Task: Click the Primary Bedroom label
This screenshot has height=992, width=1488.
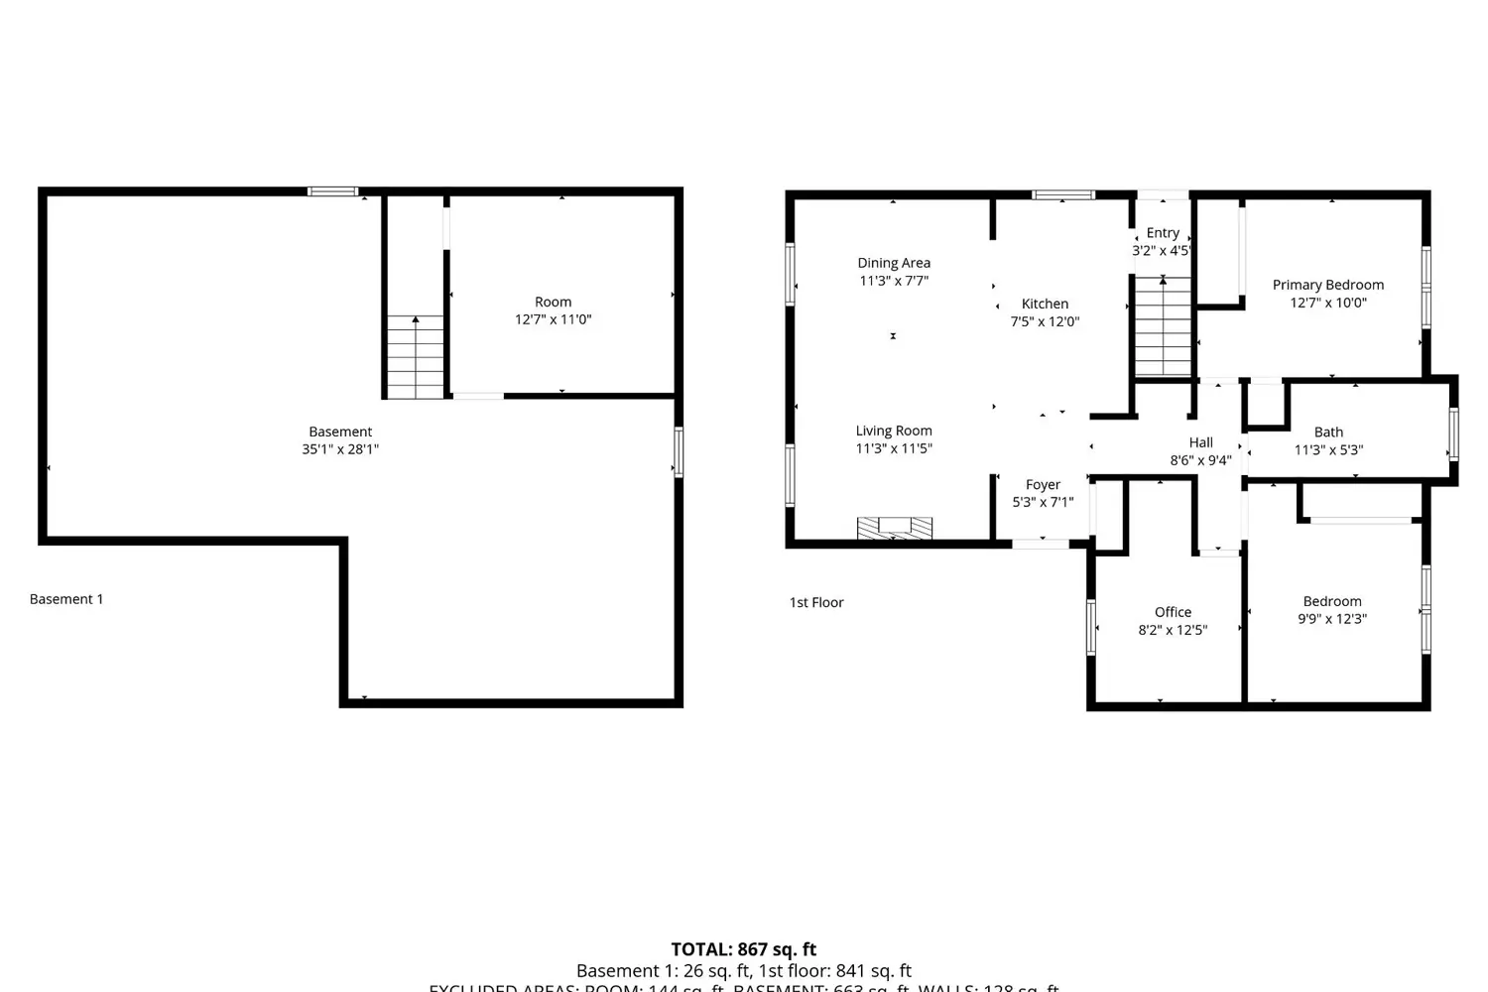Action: [1327, 285]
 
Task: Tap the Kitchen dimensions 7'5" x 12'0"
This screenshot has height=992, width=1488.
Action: [1045, 321]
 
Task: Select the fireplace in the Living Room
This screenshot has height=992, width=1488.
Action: [894, 528]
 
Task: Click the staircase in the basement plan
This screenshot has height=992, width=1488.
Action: [415, 357]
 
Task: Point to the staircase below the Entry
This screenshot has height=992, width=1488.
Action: [1163, 327]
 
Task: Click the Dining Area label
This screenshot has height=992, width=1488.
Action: [894, 263]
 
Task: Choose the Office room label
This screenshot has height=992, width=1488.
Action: [1173, 612]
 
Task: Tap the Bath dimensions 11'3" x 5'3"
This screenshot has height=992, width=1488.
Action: [1328, 449]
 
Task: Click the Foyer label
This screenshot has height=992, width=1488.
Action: [1043, 485]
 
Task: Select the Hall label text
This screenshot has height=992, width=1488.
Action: [1200, 442]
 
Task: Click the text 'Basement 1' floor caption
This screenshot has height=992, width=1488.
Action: [66, 599]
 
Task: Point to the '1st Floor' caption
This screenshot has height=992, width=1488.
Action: [816, 602]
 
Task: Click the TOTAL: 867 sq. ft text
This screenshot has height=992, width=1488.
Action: [743, 949]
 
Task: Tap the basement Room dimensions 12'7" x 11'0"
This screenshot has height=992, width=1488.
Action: [553, 319]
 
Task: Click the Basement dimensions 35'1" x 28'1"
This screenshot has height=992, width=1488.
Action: [340, 448]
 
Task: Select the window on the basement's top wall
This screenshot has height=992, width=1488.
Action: [332, 191]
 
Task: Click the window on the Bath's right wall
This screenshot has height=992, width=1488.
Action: [1453, 434]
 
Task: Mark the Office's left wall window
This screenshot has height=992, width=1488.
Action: [1091, 627]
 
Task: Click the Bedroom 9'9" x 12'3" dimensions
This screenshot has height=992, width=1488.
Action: [1332, 618]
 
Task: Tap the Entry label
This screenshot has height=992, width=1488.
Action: [1163, 233]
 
